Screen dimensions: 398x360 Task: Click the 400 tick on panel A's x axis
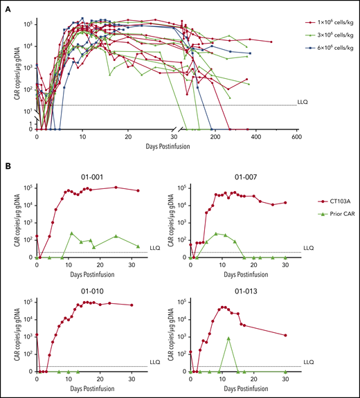click(x=257, y=138)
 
